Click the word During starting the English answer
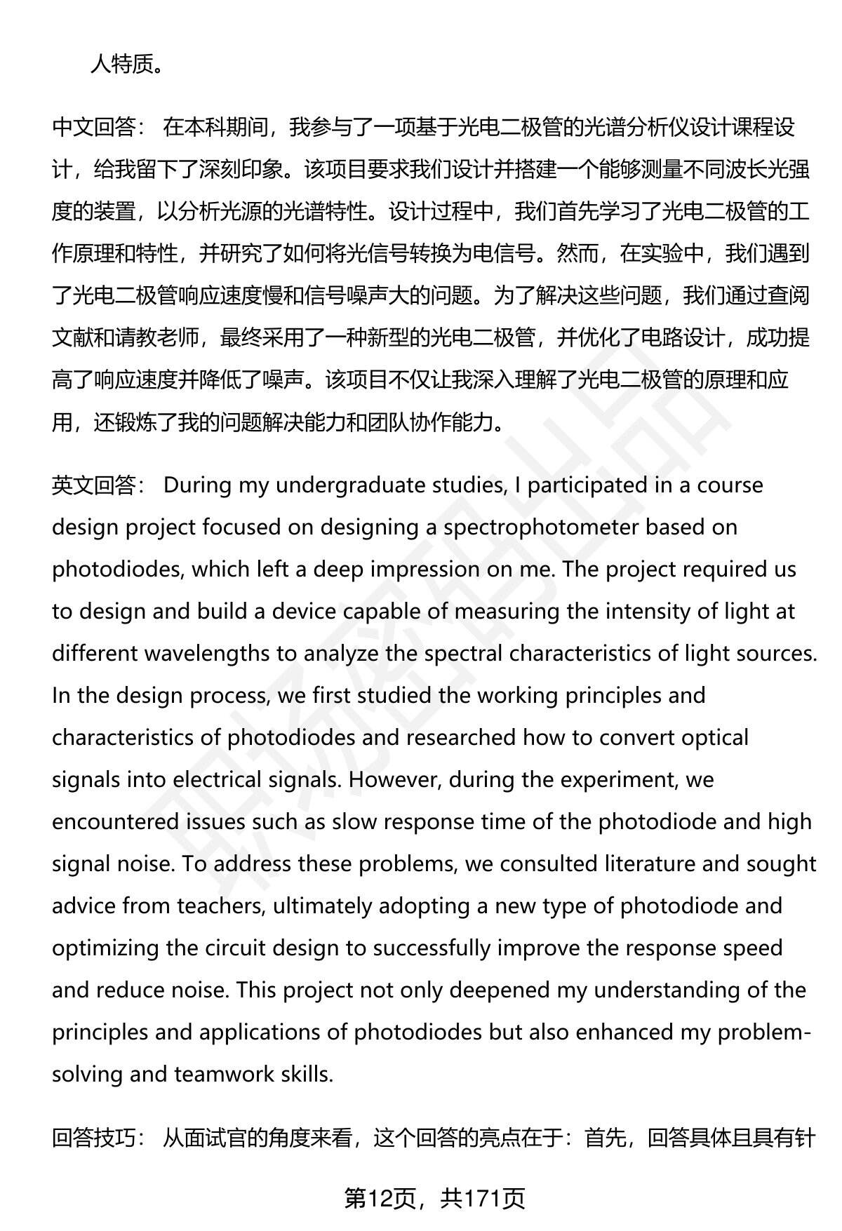198,485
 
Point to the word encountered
115,822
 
